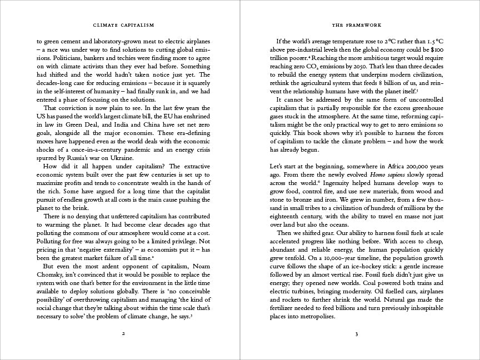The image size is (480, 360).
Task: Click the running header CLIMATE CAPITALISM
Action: (123, 25)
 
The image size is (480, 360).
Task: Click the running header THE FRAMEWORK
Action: (357, 25)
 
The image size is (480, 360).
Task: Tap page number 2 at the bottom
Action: (123, 334)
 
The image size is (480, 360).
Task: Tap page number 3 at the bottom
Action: (357, 334)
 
